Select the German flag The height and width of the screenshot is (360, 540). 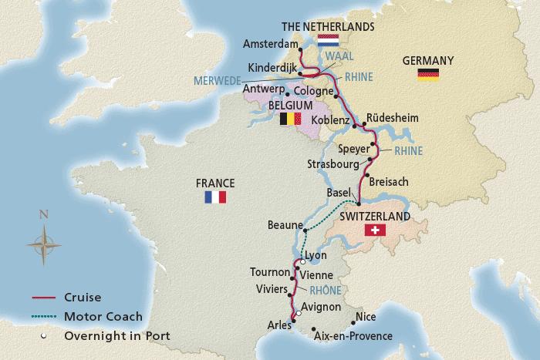pos(428,74)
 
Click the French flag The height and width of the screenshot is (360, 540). pos(214,197)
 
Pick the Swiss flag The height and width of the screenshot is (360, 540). pos(376,231)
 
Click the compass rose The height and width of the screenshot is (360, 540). pos(44,242)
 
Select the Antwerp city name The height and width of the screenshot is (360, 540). pos(263,89)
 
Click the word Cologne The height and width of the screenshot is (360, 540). pos(312,89)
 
